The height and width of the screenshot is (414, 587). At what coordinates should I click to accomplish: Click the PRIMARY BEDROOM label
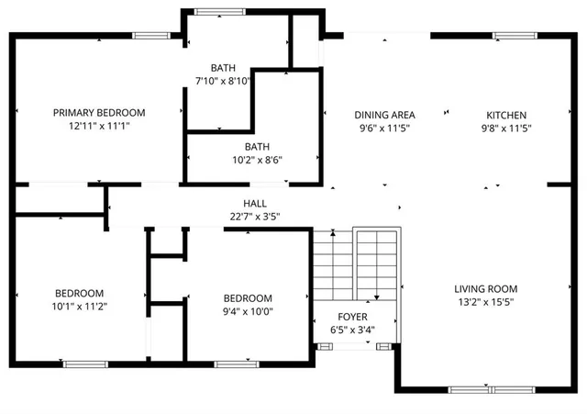point(99,113)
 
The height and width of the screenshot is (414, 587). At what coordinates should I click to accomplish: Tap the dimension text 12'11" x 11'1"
point(99,126)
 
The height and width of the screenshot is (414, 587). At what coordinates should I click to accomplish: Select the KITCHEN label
point(505,115)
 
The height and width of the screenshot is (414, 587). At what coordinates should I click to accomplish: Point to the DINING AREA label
point(385,115)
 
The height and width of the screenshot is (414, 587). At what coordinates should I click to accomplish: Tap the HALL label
point(255,204)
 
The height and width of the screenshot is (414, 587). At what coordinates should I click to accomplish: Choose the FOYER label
point(354,317)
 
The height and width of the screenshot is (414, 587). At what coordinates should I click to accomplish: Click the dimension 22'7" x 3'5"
point(255,217)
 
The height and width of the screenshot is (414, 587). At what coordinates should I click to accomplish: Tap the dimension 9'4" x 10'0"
point(248,311)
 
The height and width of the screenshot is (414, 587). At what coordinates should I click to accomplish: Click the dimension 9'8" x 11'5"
point(505,129)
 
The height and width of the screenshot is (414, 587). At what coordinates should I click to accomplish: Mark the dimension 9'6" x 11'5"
point(385,129)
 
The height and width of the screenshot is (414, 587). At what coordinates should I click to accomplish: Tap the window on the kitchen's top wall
point(509,36)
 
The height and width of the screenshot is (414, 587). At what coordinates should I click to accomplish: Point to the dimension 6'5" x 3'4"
point(354,330)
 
